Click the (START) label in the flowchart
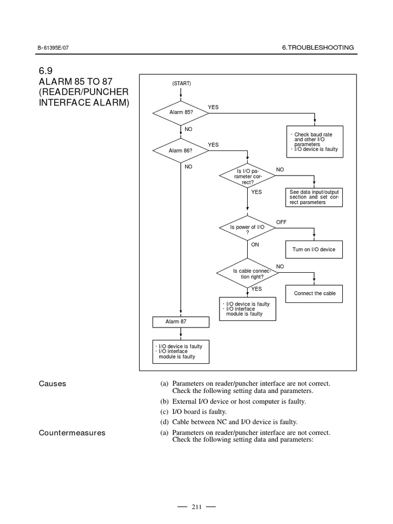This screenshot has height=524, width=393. tap(181, 84)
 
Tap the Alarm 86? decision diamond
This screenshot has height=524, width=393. tap(180, 150)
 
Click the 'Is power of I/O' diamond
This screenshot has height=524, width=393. tap(247, 229)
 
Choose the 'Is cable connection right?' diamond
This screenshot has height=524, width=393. tap(248, 274)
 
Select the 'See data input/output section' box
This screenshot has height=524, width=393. tap(314, 197)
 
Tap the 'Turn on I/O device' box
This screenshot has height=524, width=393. tap(314, 249)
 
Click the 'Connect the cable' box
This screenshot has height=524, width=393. tap(314, 293)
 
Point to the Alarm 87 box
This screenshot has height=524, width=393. tap(181, 321)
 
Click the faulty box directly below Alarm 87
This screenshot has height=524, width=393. tap(181, 352)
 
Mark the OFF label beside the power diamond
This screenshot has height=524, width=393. tap(281, 223)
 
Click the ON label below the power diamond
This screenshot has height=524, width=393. tap(255, 245)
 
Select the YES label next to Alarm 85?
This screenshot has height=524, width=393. tap(213, 107)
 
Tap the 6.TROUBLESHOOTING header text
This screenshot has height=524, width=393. tap(318, 48)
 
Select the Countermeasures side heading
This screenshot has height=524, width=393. tap(72, 433)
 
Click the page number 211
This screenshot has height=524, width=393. tap(196, 507)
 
